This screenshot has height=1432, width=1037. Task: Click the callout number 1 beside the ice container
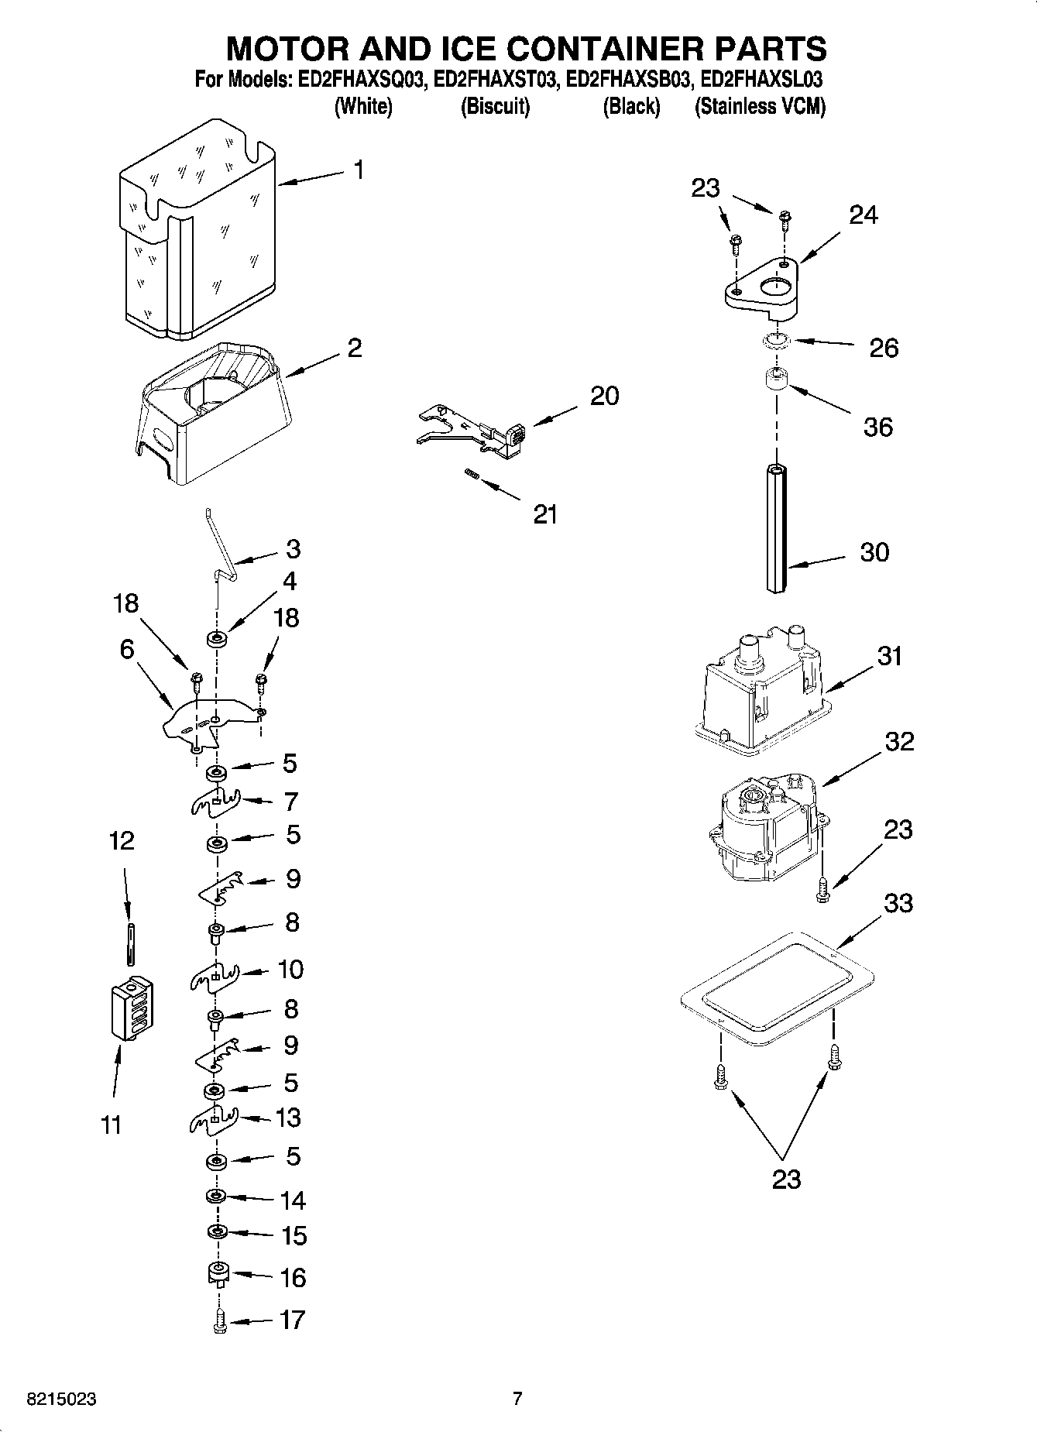(x=359, y=170)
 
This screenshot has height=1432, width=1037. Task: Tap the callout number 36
(x=878, y=427)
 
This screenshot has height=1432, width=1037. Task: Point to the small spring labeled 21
(x=470, y=475)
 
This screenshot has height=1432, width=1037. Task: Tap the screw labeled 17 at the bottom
(x=218, y=1321)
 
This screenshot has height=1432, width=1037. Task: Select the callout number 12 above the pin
(x=122, y=840)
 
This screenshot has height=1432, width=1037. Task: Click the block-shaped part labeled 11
(x=132, y=1009)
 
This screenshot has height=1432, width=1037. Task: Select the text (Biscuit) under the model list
(x=495, y=106)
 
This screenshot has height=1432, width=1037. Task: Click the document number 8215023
(x=62, y=1399)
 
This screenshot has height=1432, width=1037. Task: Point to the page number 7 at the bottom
(x=517, y=1399)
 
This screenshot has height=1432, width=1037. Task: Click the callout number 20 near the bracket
(x=604, y=396)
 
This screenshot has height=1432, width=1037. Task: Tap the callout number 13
(x=288, y=1118)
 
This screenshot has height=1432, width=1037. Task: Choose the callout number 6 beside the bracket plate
(x=126, y=649)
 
